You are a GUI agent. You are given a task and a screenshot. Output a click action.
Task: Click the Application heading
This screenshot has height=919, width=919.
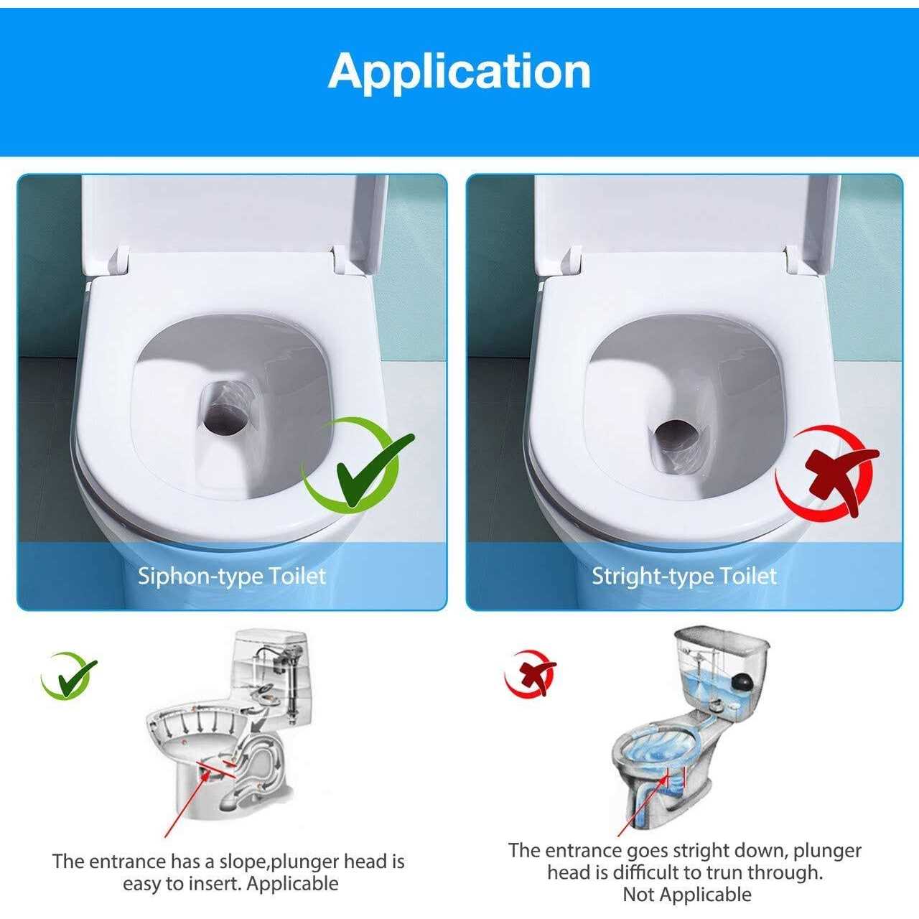click(459, 71)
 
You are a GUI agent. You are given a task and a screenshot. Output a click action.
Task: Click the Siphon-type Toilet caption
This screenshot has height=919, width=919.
click(231, 576)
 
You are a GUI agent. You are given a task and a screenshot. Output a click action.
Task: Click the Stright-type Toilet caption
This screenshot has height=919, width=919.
click(684, 576)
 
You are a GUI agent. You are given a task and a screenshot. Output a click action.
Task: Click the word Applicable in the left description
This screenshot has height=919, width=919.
click(292, 883)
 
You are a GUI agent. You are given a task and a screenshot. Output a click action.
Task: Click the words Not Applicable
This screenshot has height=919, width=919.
click(686, 895)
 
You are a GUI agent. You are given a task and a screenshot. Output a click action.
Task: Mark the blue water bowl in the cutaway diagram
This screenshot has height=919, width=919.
click(661, 750)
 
